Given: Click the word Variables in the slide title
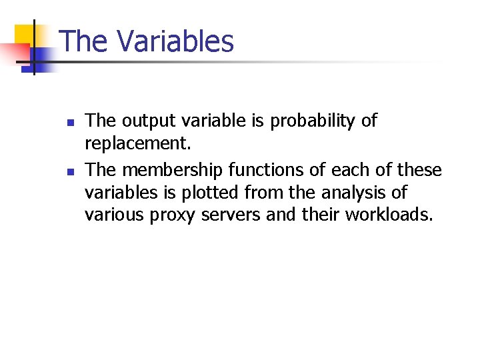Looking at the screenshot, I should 176,41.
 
